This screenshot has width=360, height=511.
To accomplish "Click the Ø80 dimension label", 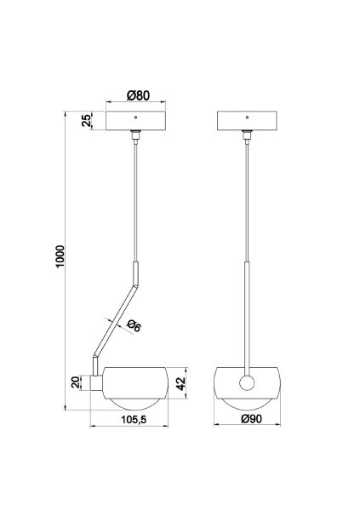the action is [x=138, y=95].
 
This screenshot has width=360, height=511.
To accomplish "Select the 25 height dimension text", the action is [x=87, y=121].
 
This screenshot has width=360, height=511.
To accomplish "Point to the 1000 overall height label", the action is [x=60, y=256].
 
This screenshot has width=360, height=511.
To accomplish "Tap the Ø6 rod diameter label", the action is [x=134, y=325].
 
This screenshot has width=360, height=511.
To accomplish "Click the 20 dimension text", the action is [x=76, y=382].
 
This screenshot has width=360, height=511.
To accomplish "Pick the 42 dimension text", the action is [x=180, y=383].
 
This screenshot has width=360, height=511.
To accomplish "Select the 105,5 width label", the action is [x=134, y=420].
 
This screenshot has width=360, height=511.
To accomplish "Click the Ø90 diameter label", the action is [x=251, y=419].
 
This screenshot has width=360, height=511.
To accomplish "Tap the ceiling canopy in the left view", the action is [x=136, y=121].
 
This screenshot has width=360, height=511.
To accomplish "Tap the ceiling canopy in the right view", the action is [x=247, y=121].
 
